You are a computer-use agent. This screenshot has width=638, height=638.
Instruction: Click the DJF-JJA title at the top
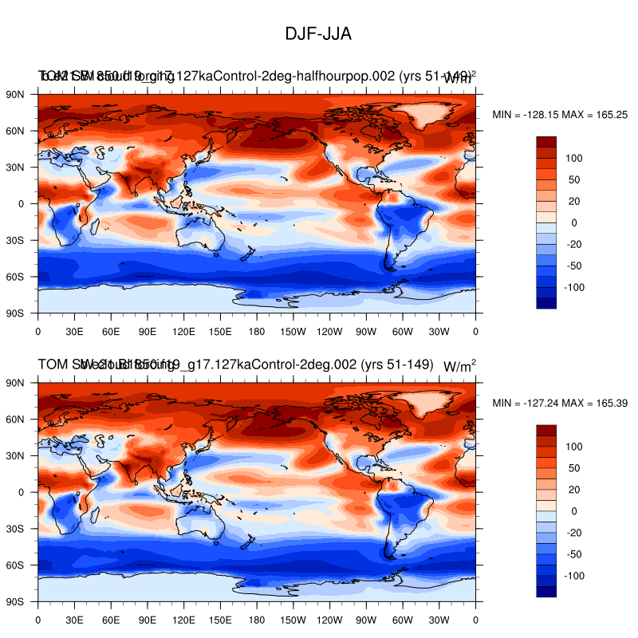pyautogui.click(x=318, y=34)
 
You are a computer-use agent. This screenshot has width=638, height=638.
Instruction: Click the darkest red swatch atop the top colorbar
pyautogui.click(x=546, y=141)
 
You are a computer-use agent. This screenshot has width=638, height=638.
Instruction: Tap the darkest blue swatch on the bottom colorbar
pyautogui.click(x=546, y=592)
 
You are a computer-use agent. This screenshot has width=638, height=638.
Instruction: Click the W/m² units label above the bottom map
pyautogui.click(x=459, y=366)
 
